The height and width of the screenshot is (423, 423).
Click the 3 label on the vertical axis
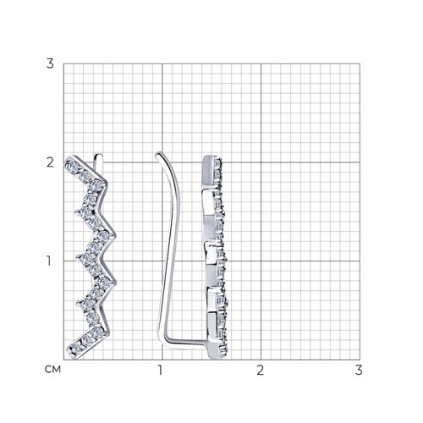coord(50,63)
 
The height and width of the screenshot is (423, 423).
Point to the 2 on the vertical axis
coord(50,162)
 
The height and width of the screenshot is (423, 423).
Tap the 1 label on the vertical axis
coord(49,261)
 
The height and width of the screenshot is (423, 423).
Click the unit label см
coord(52,369)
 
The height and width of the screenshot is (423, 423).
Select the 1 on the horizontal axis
coord(160,370)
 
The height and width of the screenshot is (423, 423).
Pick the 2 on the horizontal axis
coord(260,370)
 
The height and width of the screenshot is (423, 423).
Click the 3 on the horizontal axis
coord(359,370)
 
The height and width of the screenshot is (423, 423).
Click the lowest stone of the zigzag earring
coord(75,349)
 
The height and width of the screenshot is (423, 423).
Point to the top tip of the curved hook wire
coord(158,154)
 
